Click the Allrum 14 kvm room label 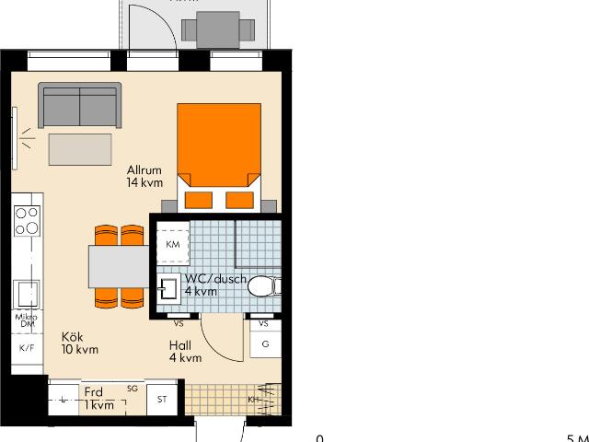point(144,176)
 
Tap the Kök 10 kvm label point(79,343)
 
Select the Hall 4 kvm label point(184,352)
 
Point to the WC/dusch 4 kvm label point(213,285)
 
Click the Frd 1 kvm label point(98,399)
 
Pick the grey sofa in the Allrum point(79,105)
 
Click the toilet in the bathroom point(261,287)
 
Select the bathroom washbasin point(167,289)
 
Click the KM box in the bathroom point(172,244)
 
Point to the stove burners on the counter point(27,223)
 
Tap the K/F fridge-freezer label point(26,348)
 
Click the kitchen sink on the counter point(26,295)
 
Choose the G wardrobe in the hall point(264,344)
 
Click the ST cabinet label point(162,400)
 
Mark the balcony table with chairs point(218,29)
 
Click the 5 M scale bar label point(576,438)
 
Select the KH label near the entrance point(254,400)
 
